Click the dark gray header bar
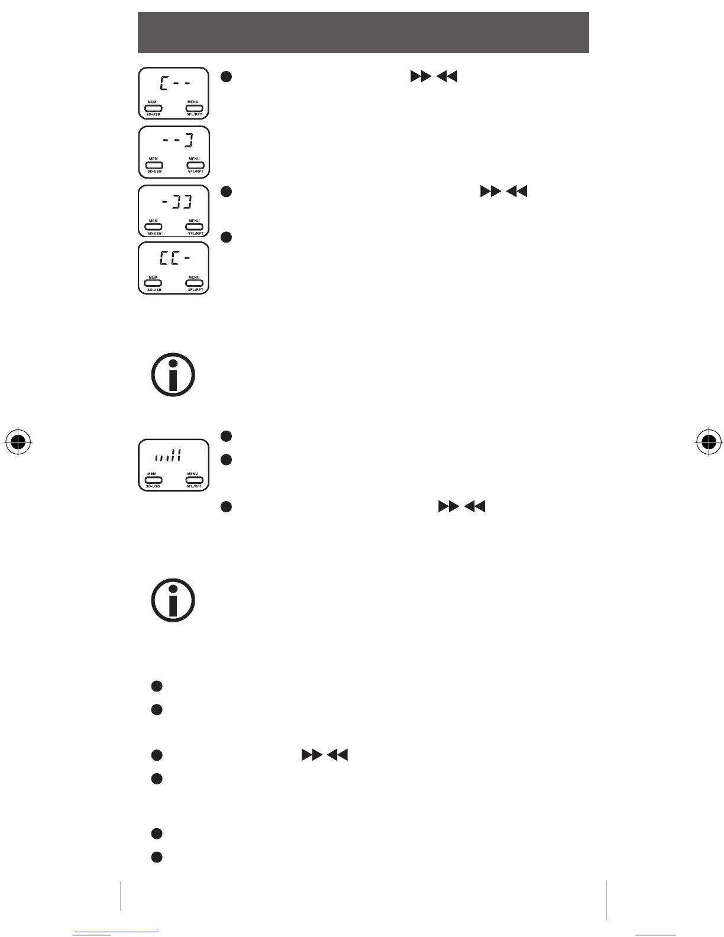363,33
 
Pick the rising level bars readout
167,455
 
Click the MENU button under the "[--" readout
194,108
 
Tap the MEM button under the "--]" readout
154,165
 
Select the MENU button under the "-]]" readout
194,227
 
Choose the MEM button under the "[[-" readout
154,283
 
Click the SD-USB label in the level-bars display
153,486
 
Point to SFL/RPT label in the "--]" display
195,172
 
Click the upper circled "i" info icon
173,375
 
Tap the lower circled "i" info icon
173,600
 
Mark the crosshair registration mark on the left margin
18,441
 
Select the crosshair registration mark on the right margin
707,441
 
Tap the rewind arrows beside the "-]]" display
517,191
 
